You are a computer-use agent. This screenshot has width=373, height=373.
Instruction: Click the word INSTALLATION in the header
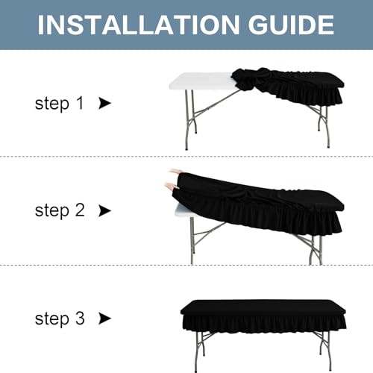coord(138,25)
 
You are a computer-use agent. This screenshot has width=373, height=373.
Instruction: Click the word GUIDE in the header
coord(291,25)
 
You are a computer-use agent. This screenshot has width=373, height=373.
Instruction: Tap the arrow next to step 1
coord(104,103)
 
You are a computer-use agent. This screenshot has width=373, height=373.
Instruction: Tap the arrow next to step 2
coord(104,210)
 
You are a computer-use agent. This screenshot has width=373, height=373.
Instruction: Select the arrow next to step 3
coord(104,319)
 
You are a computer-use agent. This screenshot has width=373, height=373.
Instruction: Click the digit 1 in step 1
coord(80,103)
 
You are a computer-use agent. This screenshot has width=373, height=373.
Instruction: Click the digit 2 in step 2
coord(80,210)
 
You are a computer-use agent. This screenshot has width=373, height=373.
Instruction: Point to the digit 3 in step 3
coord(80,318)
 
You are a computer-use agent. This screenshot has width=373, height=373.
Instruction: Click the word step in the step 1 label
coord(52,104)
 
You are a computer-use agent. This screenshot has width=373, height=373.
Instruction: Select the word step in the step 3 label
coord(52,319)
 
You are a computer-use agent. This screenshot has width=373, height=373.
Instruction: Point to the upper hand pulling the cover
coord(174,172)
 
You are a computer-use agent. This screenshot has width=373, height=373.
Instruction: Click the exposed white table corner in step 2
coord(184,211)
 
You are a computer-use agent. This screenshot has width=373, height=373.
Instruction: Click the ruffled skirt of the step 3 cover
coord(263,323)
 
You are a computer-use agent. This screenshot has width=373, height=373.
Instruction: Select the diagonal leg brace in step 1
coord(217,102)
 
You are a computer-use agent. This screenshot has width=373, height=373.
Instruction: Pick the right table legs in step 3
coord(325,351)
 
